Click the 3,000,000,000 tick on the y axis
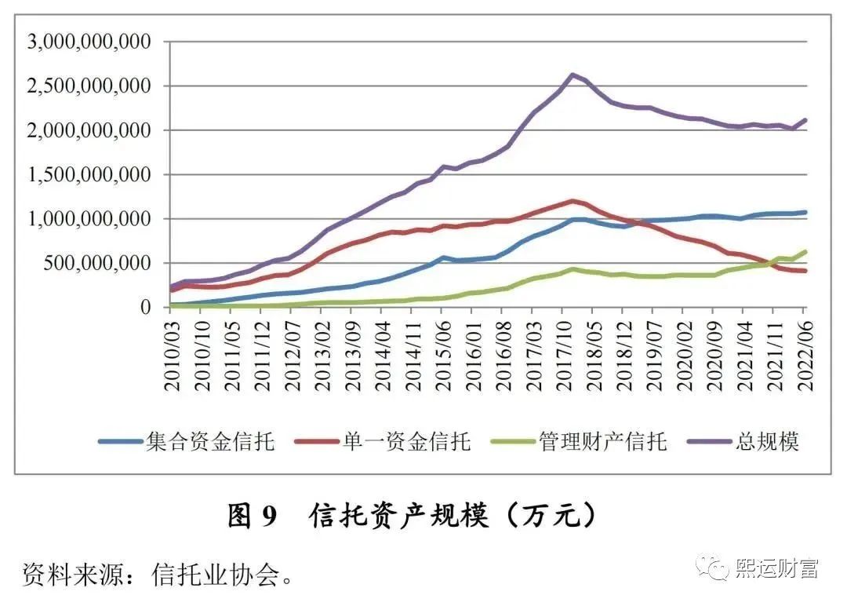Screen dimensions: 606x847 pos(89,42)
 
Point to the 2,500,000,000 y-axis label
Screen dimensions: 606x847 pos(89,86)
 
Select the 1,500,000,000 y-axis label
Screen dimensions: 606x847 pos(89,174)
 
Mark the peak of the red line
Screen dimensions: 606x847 pos(573,201)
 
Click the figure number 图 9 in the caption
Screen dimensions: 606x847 pos(252,516)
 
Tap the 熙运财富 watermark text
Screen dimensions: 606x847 pos(776,568)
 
